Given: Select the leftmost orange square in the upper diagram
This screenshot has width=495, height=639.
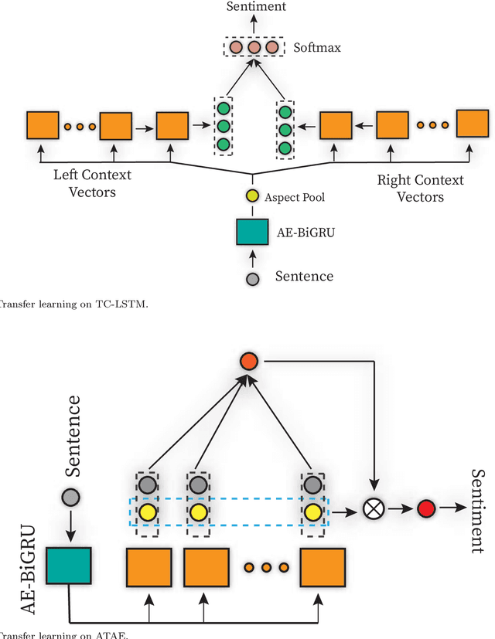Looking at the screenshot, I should (x=42, y=126).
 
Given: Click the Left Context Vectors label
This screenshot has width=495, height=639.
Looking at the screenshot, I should (x=92, y=183).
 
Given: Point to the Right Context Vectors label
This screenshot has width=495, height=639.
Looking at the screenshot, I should (x=420, y=188).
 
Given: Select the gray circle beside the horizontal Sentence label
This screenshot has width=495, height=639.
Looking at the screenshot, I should (x=253, y=277).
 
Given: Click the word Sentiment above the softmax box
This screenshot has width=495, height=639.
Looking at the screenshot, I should (x=255, y=7).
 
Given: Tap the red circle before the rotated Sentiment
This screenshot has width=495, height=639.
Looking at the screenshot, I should (x=426, y=509).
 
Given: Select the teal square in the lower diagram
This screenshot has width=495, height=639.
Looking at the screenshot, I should (x=69, y=569).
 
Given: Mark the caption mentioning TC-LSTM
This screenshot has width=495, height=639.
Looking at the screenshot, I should (x=73, y=304).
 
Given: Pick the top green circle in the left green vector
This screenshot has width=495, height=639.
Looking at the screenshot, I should (x=223, y=109).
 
